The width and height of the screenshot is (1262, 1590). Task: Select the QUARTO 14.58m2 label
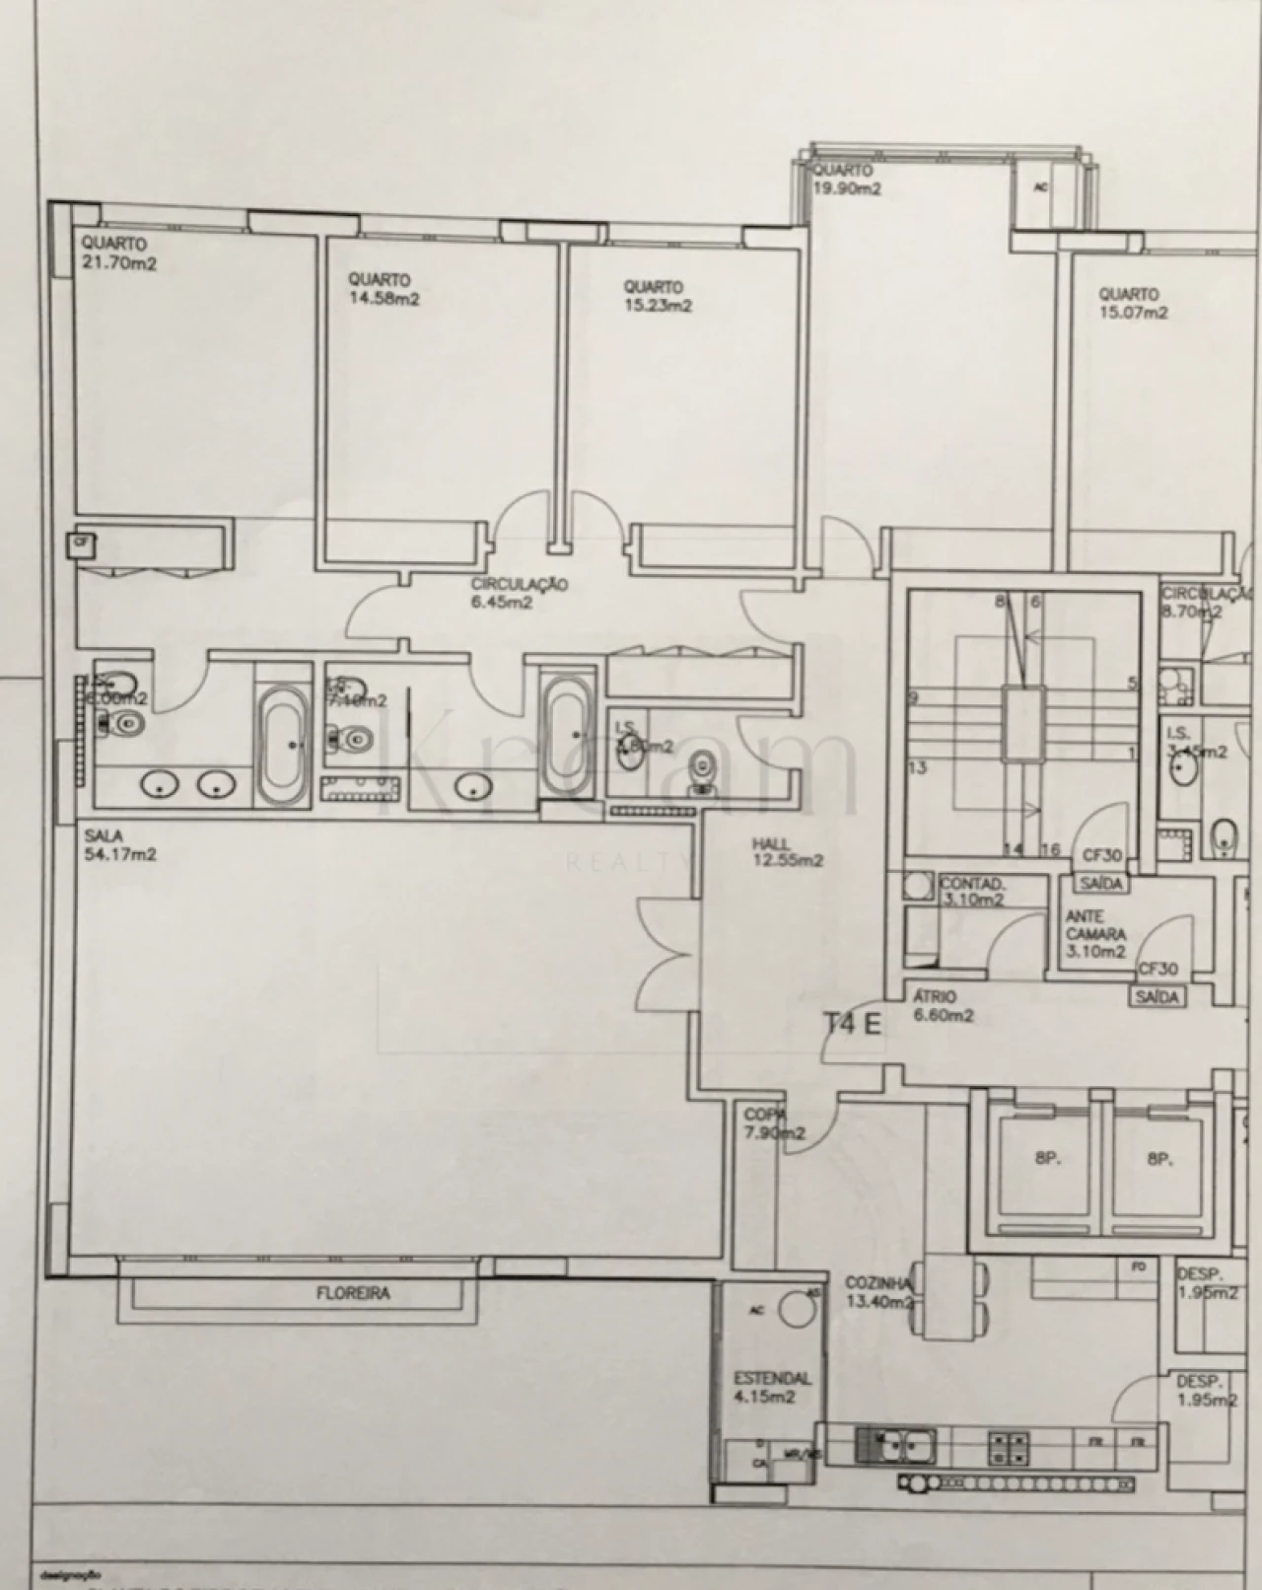(x=384, y=290)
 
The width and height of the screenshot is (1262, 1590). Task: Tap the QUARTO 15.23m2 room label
(x=657, y=296)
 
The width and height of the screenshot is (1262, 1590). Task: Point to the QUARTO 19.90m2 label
(x=846, y=181)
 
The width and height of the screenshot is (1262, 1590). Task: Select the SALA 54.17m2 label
(x=120, y=845)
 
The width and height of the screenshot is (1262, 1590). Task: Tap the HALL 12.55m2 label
(x=787, y=852)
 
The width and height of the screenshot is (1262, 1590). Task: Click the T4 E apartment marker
(x=852, y=1023)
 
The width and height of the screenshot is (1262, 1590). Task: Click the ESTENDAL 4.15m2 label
(x=771, y=1387)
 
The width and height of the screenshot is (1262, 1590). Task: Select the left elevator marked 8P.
(x=1046, y=1160)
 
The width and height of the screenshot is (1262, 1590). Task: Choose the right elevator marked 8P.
(x=1158, y=1160)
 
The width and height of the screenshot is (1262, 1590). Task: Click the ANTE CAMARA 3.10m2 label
(x=1095, y=934)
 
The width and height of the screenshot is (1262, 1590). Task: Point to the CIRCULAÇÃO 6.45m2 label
(x=519, y=593)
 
